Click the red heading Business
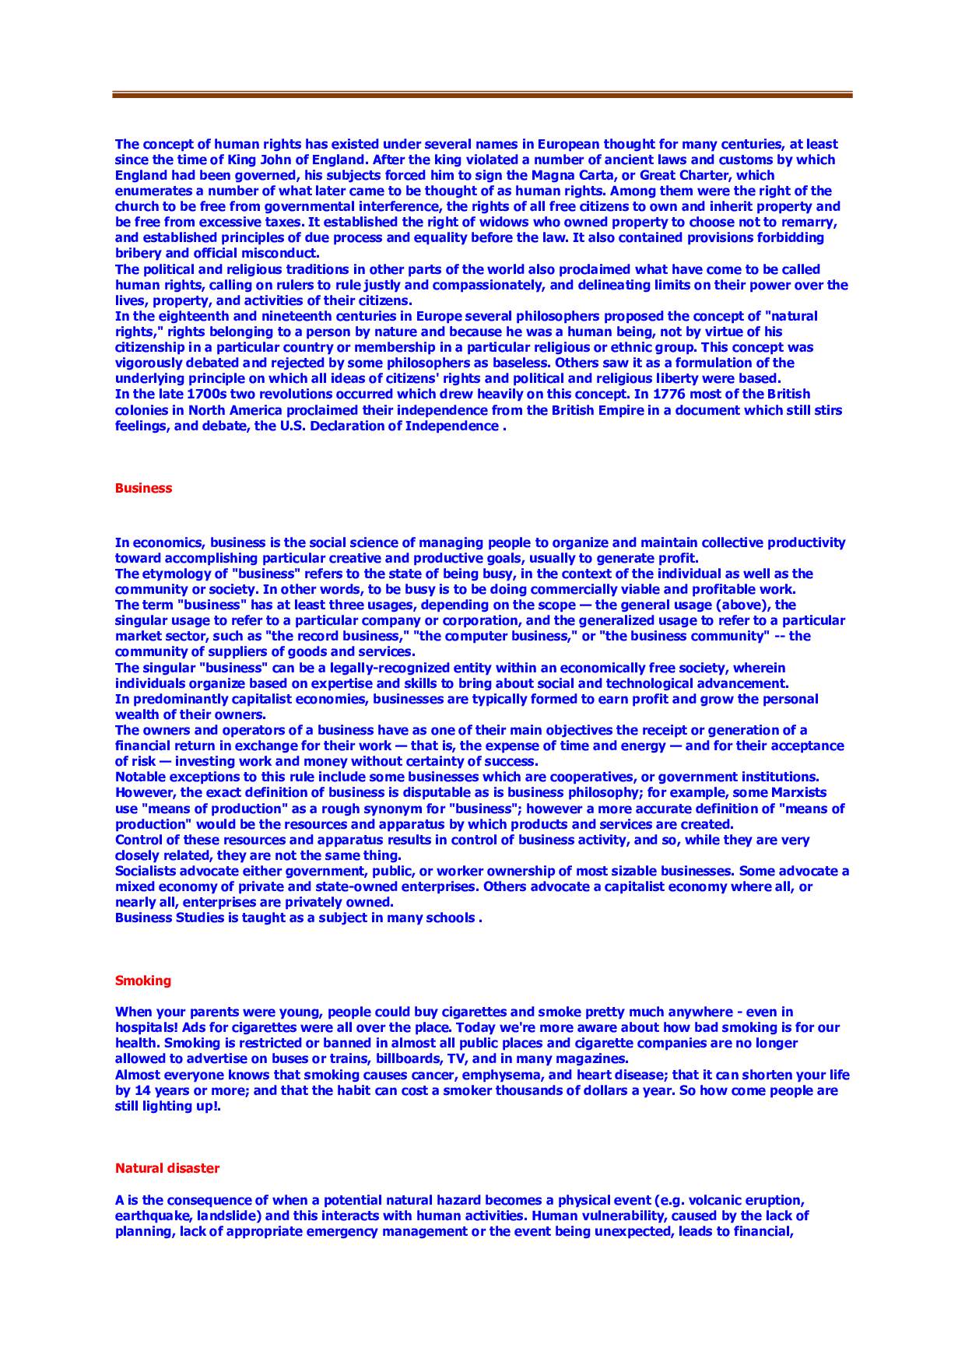[x=143, y=488]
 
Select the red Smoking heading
[x=143, y=981]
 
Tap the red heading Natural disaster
[x=167, y=1168]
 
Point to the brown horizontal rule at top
[x=482, y=95]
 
